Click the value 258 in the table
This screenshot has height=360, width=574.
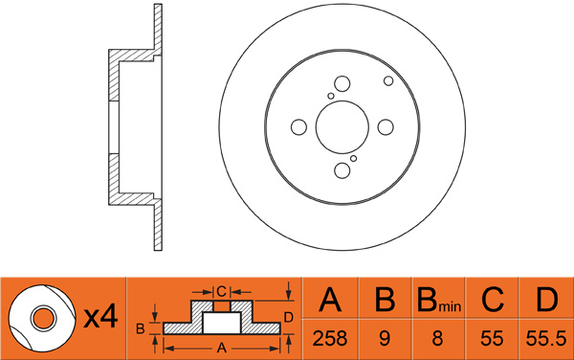[x=329, y=338]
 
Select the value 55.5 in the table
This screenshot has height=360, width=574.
[x=546, y=338]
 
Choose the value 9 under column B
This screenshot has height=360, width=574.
[x=385, y=338]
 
